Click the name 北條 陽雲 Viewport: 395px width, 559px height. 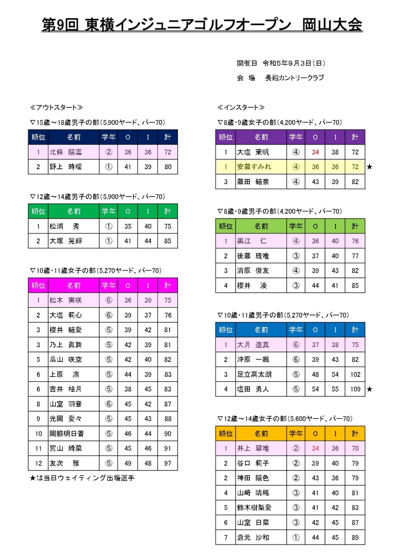(66, 152)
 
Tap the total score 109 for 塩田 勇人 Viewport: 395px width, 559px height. (355, 389)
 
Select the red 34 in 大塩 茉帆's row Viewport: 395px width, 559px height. (315, 152)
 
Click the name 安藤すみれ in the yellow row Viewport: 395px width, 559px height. (254, 167)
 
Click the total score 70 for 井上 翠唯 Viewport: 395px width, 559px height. (355, 449)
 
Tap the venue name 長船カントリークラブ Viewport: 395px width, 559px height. (294, 78)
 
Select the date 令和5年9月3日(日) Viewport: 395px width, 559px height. (294, 63)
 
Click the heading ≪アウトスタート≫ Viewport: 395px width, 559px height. (56, 107)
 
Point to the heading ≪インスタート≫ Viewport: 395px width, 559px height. (241, 107)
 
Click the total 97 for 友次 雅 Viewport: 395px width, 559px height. (168, 463)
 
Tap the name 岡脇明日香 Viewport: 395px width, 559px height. (66, 434)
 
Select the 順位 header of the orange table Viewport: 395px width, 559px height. (226, 434)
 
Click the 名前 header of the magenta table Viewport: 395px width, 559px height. (74, 286)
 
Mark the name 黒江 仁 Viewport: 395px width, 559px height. (252, 241)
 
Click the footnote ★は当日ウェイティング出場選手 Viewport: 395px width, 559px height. (82, 478)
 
